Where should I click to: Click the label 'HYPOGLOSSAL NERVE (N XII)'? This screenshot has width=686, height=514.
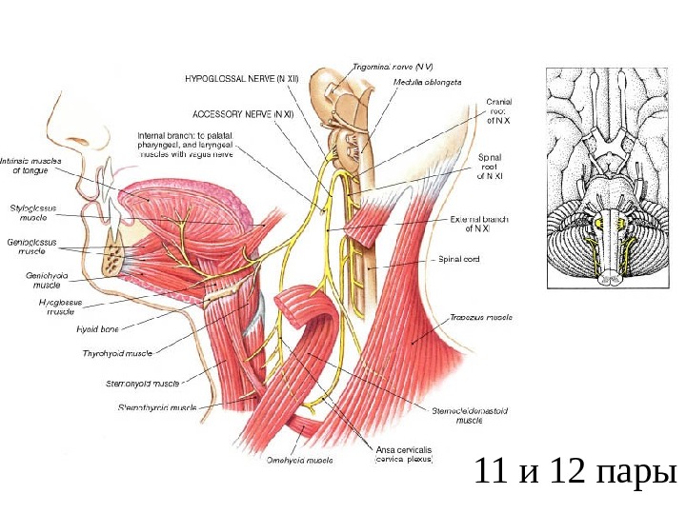coord(241,80)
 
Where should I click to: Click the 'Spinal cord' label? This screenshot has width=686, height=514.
coord(463,257)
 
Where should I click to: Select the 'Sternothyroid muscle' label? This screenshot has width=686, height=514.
coord(157,407)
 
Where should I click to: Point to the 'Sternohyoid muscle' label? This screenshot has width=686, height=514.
coord(144,385)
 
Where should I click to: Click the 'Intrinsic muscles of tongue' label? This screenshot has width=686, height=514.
coord(33,166)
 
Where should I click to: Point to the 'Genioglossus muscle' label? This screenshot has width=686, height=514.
coord(35,247)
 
